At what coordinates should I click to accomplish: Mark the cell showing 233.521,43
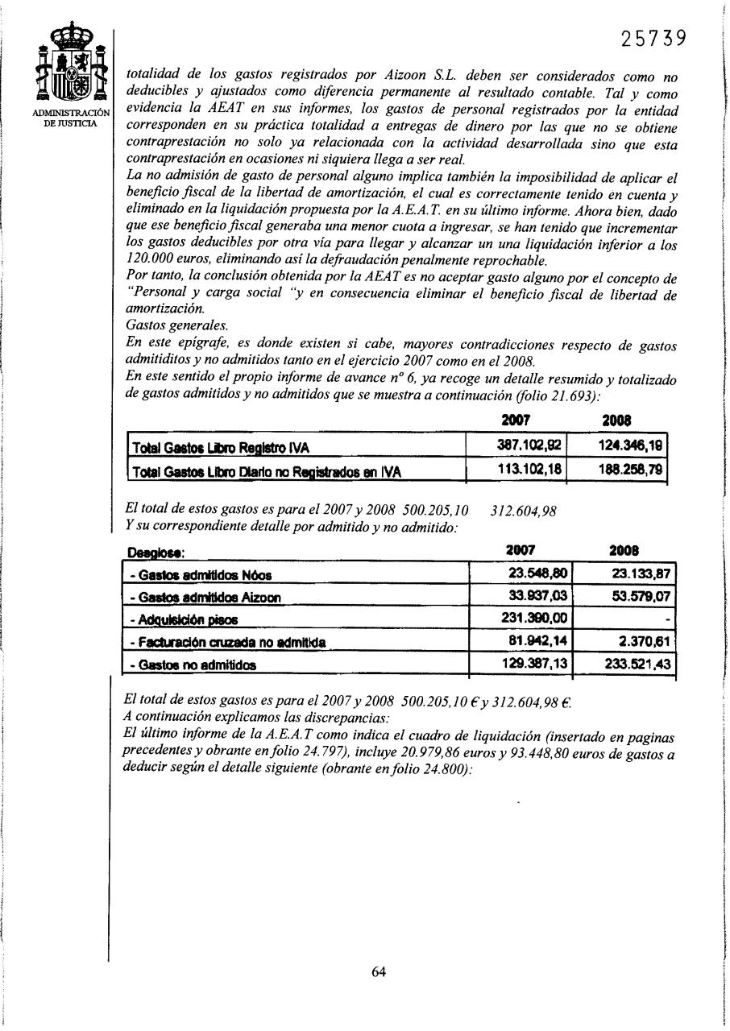click(637, 665)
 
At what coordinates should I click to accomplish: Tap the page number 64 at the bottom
click(378, 971)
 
